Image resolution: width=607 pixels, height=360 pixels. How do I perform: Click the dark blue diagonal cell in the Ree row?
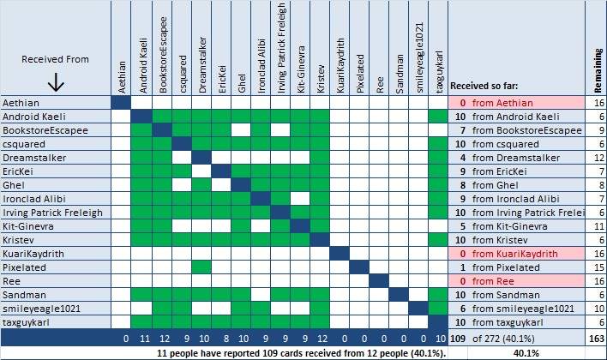378,281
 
